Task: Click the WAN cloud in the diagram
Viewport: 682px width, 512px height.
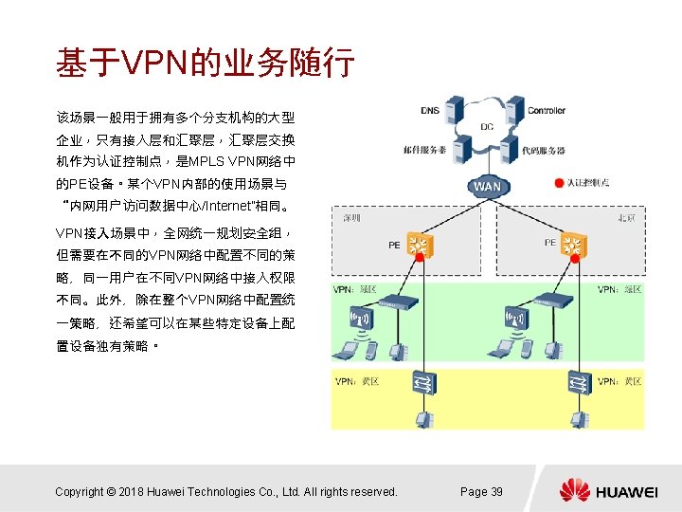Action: click(x=487, y=186)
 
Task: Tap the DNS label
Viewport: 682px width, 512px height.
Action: click(x=430, y=111)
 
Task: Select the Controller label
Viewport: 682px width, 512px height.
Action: click(x=547, y=111)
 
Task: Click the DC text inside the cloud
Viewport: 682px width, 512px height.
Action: click(x=487, y=126)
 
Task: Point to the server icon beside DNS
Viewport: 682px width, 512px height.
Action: click(x=455, y=111)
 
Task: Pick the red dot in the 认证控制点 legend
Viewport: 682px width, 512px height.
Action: click(x=559, y=182)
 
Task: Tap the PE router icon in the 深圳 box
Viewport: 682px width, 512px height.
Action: click(x=417, y=245)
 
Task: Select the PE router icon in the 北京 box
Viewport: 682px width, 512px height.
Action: click(x=572, y=245)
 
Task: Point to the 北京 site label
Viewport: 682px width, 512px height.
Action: click(x=626, y=217)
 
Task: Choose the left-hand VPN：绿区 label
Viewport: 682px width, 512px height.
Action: click(x=355, y=288)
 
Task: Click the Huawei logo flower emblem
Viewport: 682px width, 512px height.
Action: click(x=574, y=490)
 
